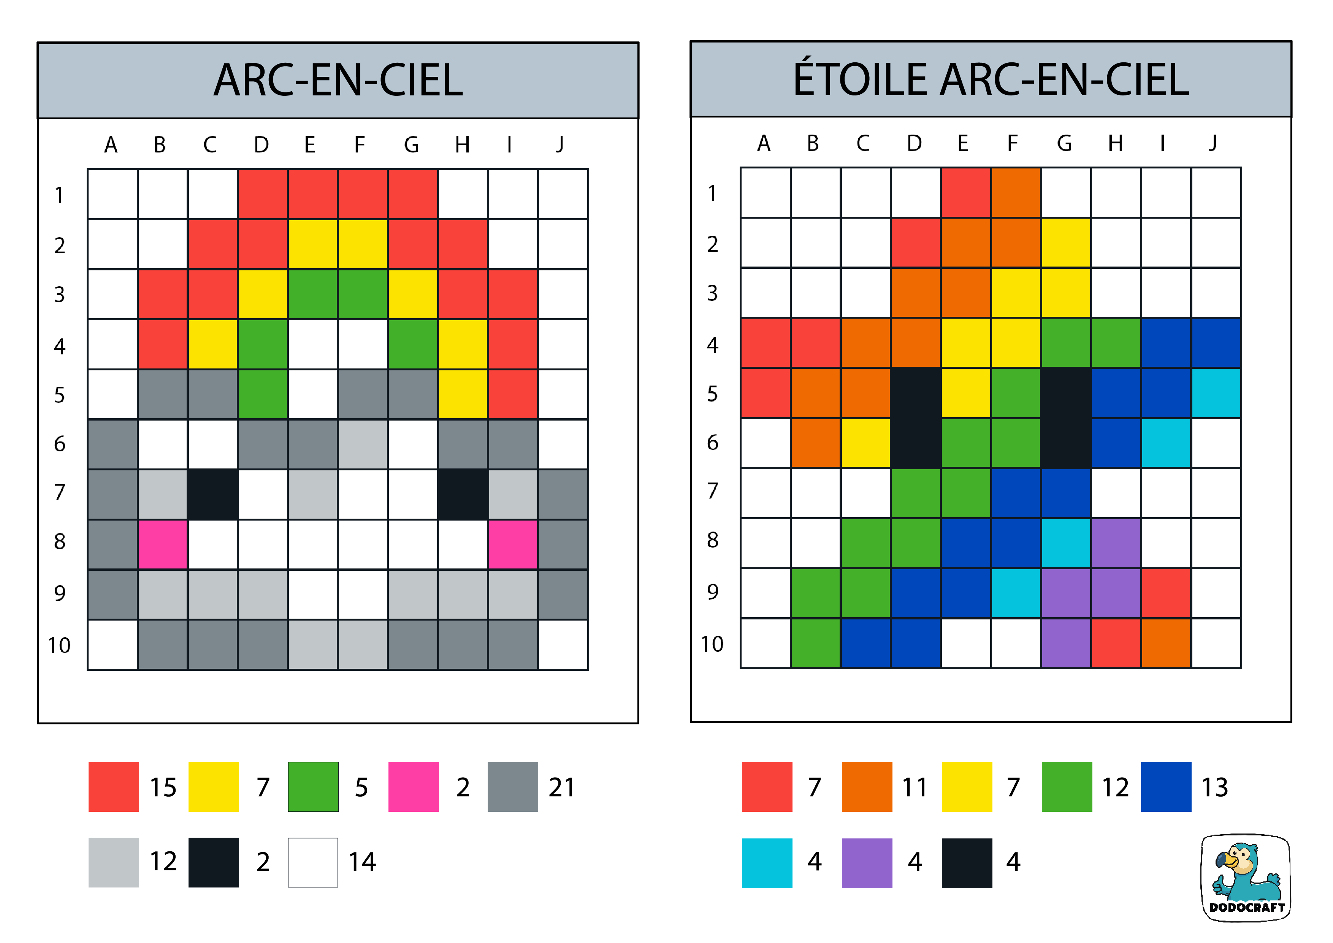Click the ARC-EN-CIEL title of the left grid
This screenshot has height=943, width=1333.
tap(338, 80)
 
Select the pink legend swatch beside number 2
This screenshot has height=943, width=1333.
tap(414, 786)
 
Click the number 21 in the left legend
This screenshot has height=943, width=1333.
tap(561, 787)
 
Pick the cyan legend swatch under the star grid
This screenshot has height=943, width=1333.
tap(767, 863)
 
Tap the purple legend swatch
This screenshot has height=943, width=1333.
tap(867, 863)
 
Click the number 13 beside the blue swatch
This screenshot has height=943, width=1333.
tap(1214, 787)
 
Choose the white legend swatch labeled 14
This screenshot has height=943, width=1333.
tap(313, 862)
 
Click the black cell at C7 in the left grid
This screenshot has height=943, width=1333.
tap(212, 494)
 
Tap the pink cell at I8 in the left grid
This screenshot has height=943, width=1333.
tap(513, 544)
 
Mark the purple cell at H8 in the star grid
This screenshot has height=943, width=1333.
tap(1116, 543)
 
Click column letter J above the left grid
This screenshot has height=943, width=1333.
tap(560, 144)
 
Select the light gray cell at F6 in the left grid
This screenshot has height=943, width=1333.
tap(363, 444)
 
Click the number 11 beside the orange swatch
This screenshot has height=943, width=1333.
tap(915, 787)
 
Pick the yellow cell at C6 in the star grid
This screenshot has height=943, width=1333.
tap(865, 443)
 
